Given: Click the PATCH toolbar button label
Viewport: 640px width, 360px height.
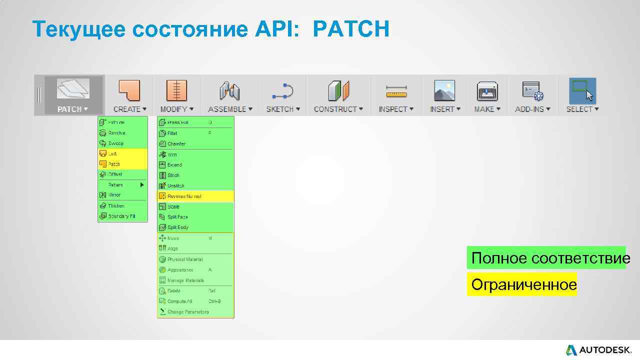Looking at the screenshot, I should point(72,109).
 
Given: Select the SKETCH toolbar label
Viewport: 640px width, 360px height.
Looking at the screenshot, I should point(283,109).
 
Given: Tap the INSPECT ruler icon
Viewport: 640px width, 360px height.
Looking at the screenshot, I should point(396,91).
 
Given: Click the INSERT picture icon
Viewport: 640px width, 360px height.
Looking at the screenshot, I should point(444,90).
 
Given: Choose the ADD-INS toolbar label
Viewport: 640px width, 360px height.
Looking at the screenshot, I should point(532,109).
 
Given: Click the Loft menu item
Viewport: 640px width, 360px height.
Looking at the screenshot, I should point(113,153).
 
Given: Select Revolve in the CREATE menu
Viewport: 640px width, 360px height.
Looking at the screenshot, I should point(116,133).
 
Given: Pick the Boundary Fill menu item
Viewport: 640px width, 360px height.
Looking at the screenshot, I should point(121,216).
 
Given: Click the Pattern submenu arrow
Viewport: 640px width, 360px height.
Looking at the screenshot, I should point(142,185).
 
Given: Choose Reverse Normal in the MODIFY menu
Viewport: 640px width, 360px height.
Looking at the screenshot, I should point(184,196).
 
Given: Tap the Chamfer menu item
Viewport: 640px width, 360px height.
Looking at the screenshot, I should point(176,143).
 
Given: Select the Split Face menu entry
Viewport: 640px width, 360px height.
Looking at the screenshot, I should point(177,217).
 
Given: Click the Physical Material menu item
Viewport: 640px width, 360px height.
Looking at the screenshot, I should point(185,259).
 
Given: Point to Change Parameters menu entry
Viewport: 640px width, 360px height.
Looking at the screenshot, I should point(188,312).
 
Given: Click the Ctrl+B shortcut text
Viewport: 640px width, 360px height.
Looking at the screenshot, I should point(214,301).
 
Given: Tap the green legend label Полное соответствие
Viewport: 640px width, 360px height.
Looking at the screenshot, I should point(550,258).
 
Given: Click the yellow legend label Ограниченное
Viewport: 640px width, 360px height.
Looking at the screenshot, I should point(523,284).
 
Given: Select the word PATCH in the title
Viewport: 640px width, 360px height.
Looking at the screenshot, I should point(351,29).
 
